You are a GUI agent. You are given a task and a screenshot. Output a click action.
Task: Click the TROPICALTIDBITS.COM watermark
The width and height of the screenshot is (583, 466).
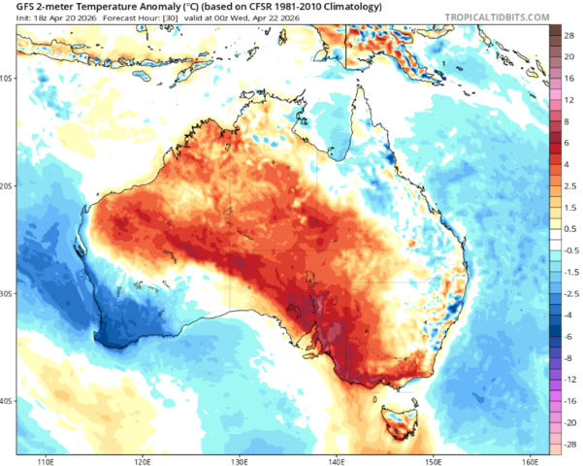click(499, 17)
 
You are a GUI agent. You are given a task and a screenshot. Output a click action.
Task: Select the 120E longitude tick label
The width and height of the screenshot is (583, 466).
click(143, 460)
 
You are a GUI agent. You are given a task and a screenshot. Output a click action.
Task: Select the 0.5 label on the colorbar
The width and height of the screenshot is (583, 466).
click(569, 229)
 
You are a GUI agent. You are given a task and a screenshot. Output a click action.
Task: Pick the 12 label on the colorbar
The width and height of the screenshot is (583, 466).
click(569, 101)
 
